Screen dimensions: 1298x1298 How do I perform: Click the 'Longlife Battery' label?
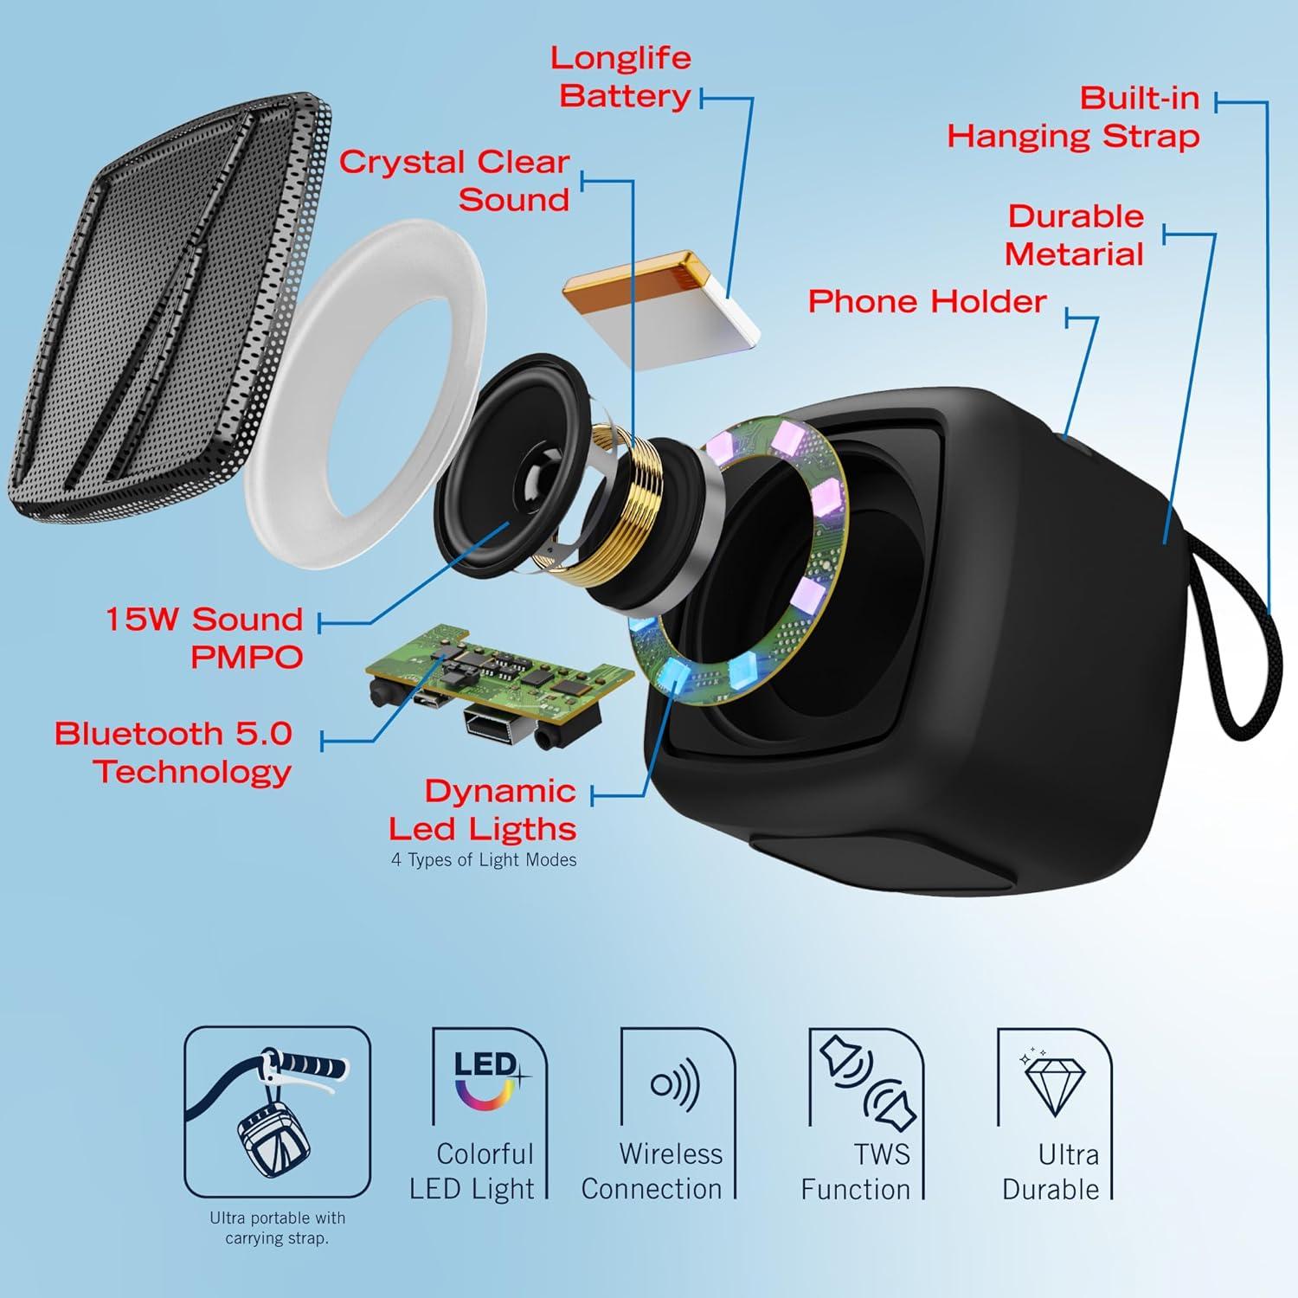click(621, 77)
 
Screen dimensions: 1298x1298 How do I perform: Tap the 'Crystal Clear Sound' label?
click(454, 180)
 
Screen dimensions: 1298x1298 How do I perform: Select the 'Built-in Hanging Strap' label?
click(1074, 118)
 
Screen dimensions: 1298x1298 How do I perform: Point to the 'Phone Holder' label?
click(927, 301)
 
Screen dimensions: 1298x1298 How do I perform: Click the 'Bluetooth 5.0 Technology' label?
click(173, 752)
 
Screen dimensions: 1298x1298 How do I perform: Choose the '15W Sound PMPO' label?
click(204, 638)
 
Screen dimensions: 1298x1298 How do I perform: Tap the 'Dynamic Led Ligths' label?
click(483, 810)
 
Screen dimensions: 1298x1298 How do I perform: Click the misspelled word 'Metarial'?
click(1074, 254)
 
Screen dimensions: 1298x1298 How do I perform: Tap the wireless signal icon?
click(675, 1083)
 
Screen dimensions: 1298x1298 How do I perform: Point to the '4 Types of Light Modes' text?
click(484, 860)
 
